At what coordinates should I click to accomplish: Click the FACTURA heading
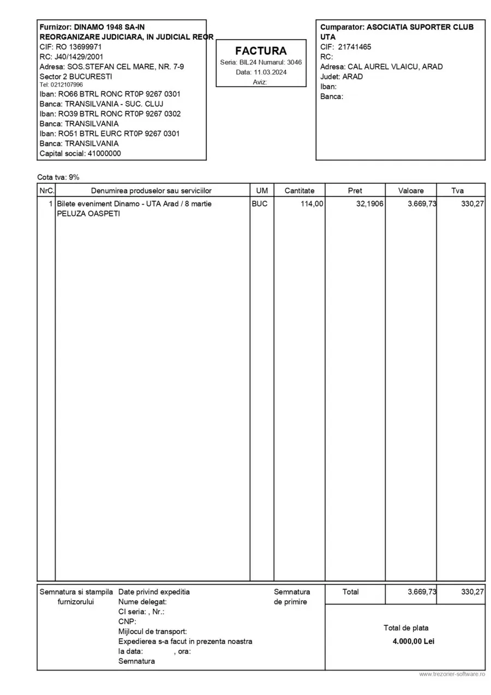point(261,51)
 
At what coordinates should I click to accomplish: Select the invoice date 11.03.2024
point(269,72)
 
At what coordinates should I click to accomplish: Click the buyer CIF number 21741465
point(355,47)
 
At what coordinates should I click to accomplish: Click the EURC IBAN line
point(110,134)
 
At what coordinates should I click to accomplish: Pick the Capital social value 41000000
point(104,153)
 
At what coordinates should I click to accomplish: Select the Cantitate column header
point(300,191)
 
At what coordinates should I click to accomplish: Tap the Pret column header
point(355,191)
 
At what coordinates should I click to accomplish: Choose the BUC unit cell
point(260,204)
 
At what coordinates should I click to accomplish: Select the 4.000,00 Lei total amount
point(413,641)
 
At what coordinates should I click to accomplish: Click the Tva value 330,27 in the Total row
point(472,592)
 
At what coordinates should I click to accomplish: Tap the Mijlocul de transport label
point(152,632)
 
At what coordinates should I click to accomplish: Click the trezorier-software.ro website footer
point(452,675)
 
